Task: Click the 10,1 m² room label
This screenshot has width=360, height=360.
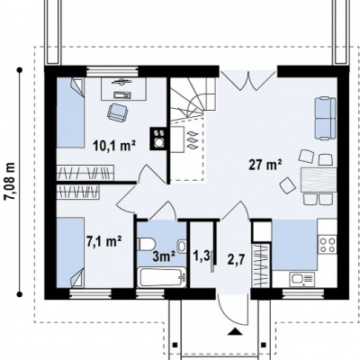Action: pos(114,146)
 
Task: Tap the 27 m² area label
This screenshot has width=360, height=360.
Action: pos(265,165)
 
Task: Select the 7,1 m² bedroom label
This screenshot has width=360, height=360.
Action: pos(103,241)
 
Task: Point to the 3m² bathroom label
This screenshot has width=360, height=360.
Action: pos(164,256)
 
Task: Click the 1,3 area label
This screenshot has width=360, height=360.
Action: pos(201,256)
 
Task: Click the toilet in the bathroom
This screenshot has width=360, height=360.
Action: pos(146,244)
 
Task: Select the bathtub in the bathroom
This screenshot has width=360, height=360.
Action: pos(162,277)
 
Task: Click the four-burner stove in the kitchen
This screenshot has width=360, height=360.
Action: pos(327,245)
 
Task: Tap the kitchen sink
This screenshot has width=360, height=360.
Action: pos(301,279)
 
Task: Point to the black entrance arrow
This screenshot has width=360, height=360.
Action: pos(235,331)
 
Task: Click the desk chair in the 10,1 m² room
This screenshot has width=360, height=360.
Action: pos(117,112)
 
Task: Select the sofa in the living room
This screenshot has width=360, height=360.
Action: pos(325,118)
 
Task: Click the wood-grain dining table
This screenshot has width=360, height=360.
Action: pos(319,180)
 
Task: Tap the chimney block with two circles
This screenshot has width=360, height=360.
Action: pos(158,139)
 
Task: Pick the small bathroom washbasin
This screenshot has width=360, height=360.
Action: pos(182,246)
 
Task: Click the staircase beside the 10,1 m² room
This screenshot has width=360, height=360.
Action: pos(193,99)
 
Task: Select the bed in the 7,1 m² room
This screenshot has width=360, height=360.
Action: pos(70,253)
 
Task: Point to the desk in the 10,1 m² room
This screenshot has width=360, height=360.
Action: pos(123,88)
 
